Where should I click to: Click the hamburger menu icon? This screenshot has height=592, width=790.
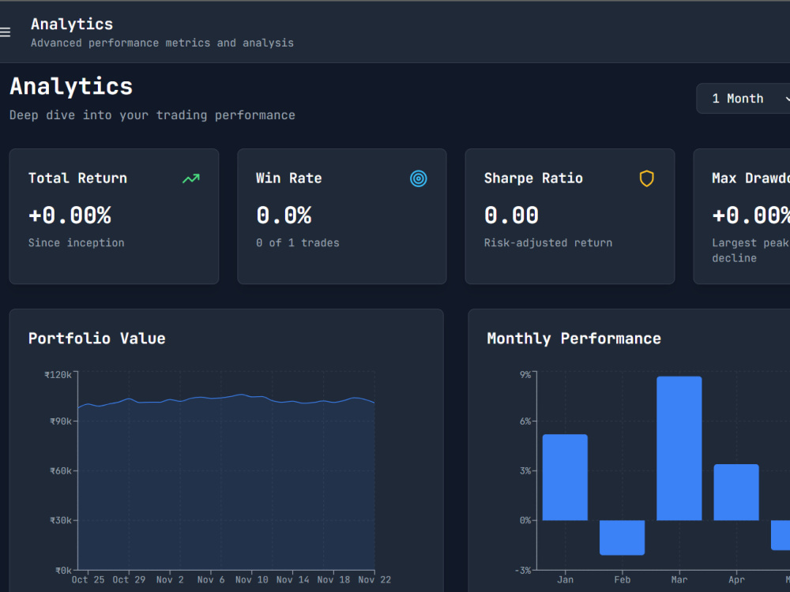coord(5,32)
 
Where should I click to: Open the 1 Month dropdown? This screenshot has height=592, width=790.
coord(743,98)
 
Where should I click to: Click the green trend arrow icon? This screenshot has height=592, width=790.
coord(191,178)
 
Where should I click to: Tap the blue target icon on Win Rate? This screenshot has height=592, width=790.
coord(418,178)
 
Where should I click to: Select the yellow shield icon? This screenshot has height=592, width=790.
coord(646,178)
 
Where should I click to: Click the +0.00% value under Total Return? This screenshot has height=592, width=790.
coord(70,215)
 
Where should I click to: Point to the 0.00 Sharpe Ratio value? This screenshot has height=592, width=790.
coord(511,215)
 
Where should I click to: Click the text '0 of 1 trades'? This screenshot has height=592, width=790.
coord(298,242)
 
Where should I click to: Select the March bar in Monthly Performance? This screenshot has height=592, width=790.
coord(679,448)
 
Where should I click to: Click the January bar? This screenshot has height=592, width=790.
coord(565,478)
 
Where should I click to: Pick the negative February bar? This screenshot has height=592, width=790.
coord(623,538)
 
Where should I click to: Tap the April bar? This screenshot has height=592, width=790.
coord(736,493)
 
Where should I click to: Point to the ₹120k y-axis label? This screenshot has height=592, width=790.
coord(58,374)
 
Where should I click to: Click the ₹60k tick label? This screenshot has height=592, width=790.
coord(61,470)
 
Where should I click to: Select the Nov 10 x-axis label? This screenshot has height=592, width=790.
coord(252,579)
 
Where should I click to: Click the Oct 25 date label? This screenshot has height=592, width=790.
coord(88,579)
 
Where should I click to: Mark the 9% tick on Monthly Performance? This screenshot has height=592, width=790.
coord(525,374)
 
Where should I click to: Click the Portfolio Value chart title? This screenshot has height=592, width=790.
coord(96,339)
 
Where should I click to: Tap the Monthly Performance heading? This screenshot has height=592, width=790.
coord(574,339)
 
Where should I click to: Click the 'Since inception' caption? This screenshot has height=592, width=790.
coord(76,242)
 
